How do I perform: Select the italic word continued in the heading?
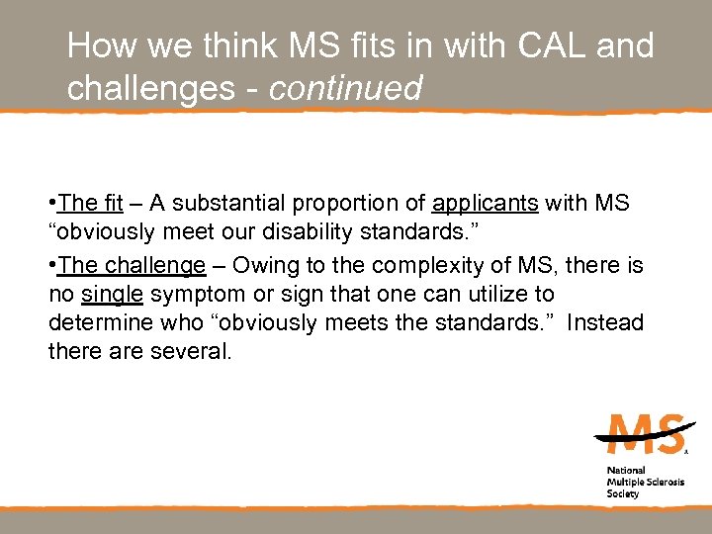click(x=345, y=88)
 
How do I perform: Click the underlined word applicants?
click(x=485, y=204)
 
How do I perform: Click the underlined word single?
click(x=112, y=294)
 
